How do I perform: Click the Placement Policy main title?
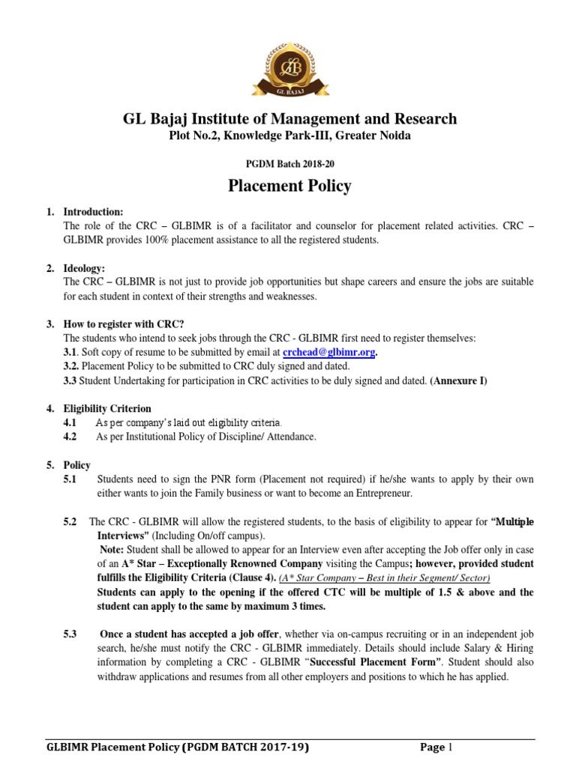point(289,185)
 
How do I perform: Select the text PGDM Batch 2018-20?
point(289,159)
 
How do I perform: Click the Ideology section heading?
point(84,267)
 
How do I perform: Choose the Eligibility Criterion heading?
point(107,409)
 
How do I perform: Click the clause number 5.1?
point(71,480)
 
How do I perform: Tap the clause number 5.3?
point(71,634)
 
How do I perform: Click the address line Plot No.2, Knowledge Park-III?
point(289,136)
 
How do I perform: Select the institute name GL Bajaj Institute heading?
point(289,118)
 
